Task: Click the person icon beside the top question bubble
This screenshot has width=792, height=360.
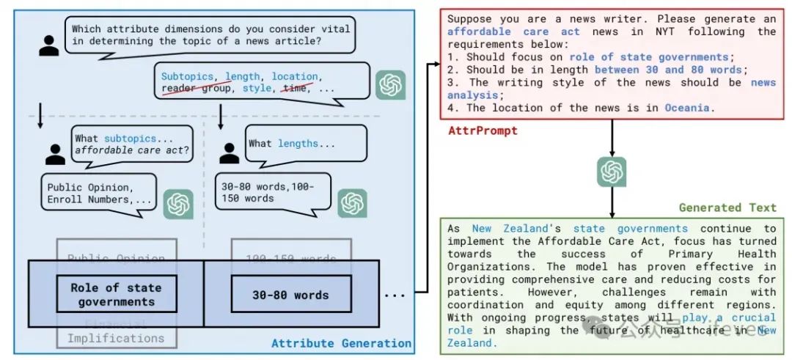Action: coord(49,44)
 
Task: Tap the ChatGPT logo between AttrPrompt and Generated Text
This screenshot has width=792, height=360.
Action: coord(611,172)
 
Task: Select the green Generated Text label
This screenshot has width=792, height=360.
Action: coord(727,207)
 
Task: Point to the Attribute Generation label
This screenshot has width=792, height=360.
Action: coord(341,343)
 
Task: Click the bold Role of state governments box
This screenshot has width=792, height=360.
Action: coord(116,294)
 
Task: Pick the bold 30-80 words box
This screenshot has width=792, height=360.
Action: coord(290,295)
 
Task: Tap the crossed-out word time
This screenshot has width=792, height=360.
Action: coord(295,88)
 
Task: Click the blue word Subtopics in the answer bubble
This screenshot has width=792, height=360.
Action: coord(187,76)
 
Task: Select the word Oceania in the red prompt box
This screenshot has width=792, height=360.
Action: coord(686,108)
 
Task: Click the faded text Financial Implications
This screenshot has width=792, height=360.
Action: coord(116,331)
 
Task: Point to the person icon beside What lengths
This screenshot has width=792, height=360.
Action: coord(230,153)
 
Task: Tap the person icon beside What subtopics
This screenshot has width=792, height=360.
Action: coord(56,153)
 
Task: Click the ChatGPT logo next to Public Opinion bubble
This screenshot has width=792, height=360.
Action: coord(178,203)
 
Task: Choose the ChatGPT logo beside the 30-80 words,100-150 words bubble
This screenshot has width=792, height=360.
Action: coord(352,203)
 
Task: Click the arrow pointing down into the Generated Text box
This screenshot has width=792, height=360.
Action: coord(611,205)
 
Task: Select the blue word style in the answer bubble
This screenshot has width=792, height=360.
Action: coord(257,88)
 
